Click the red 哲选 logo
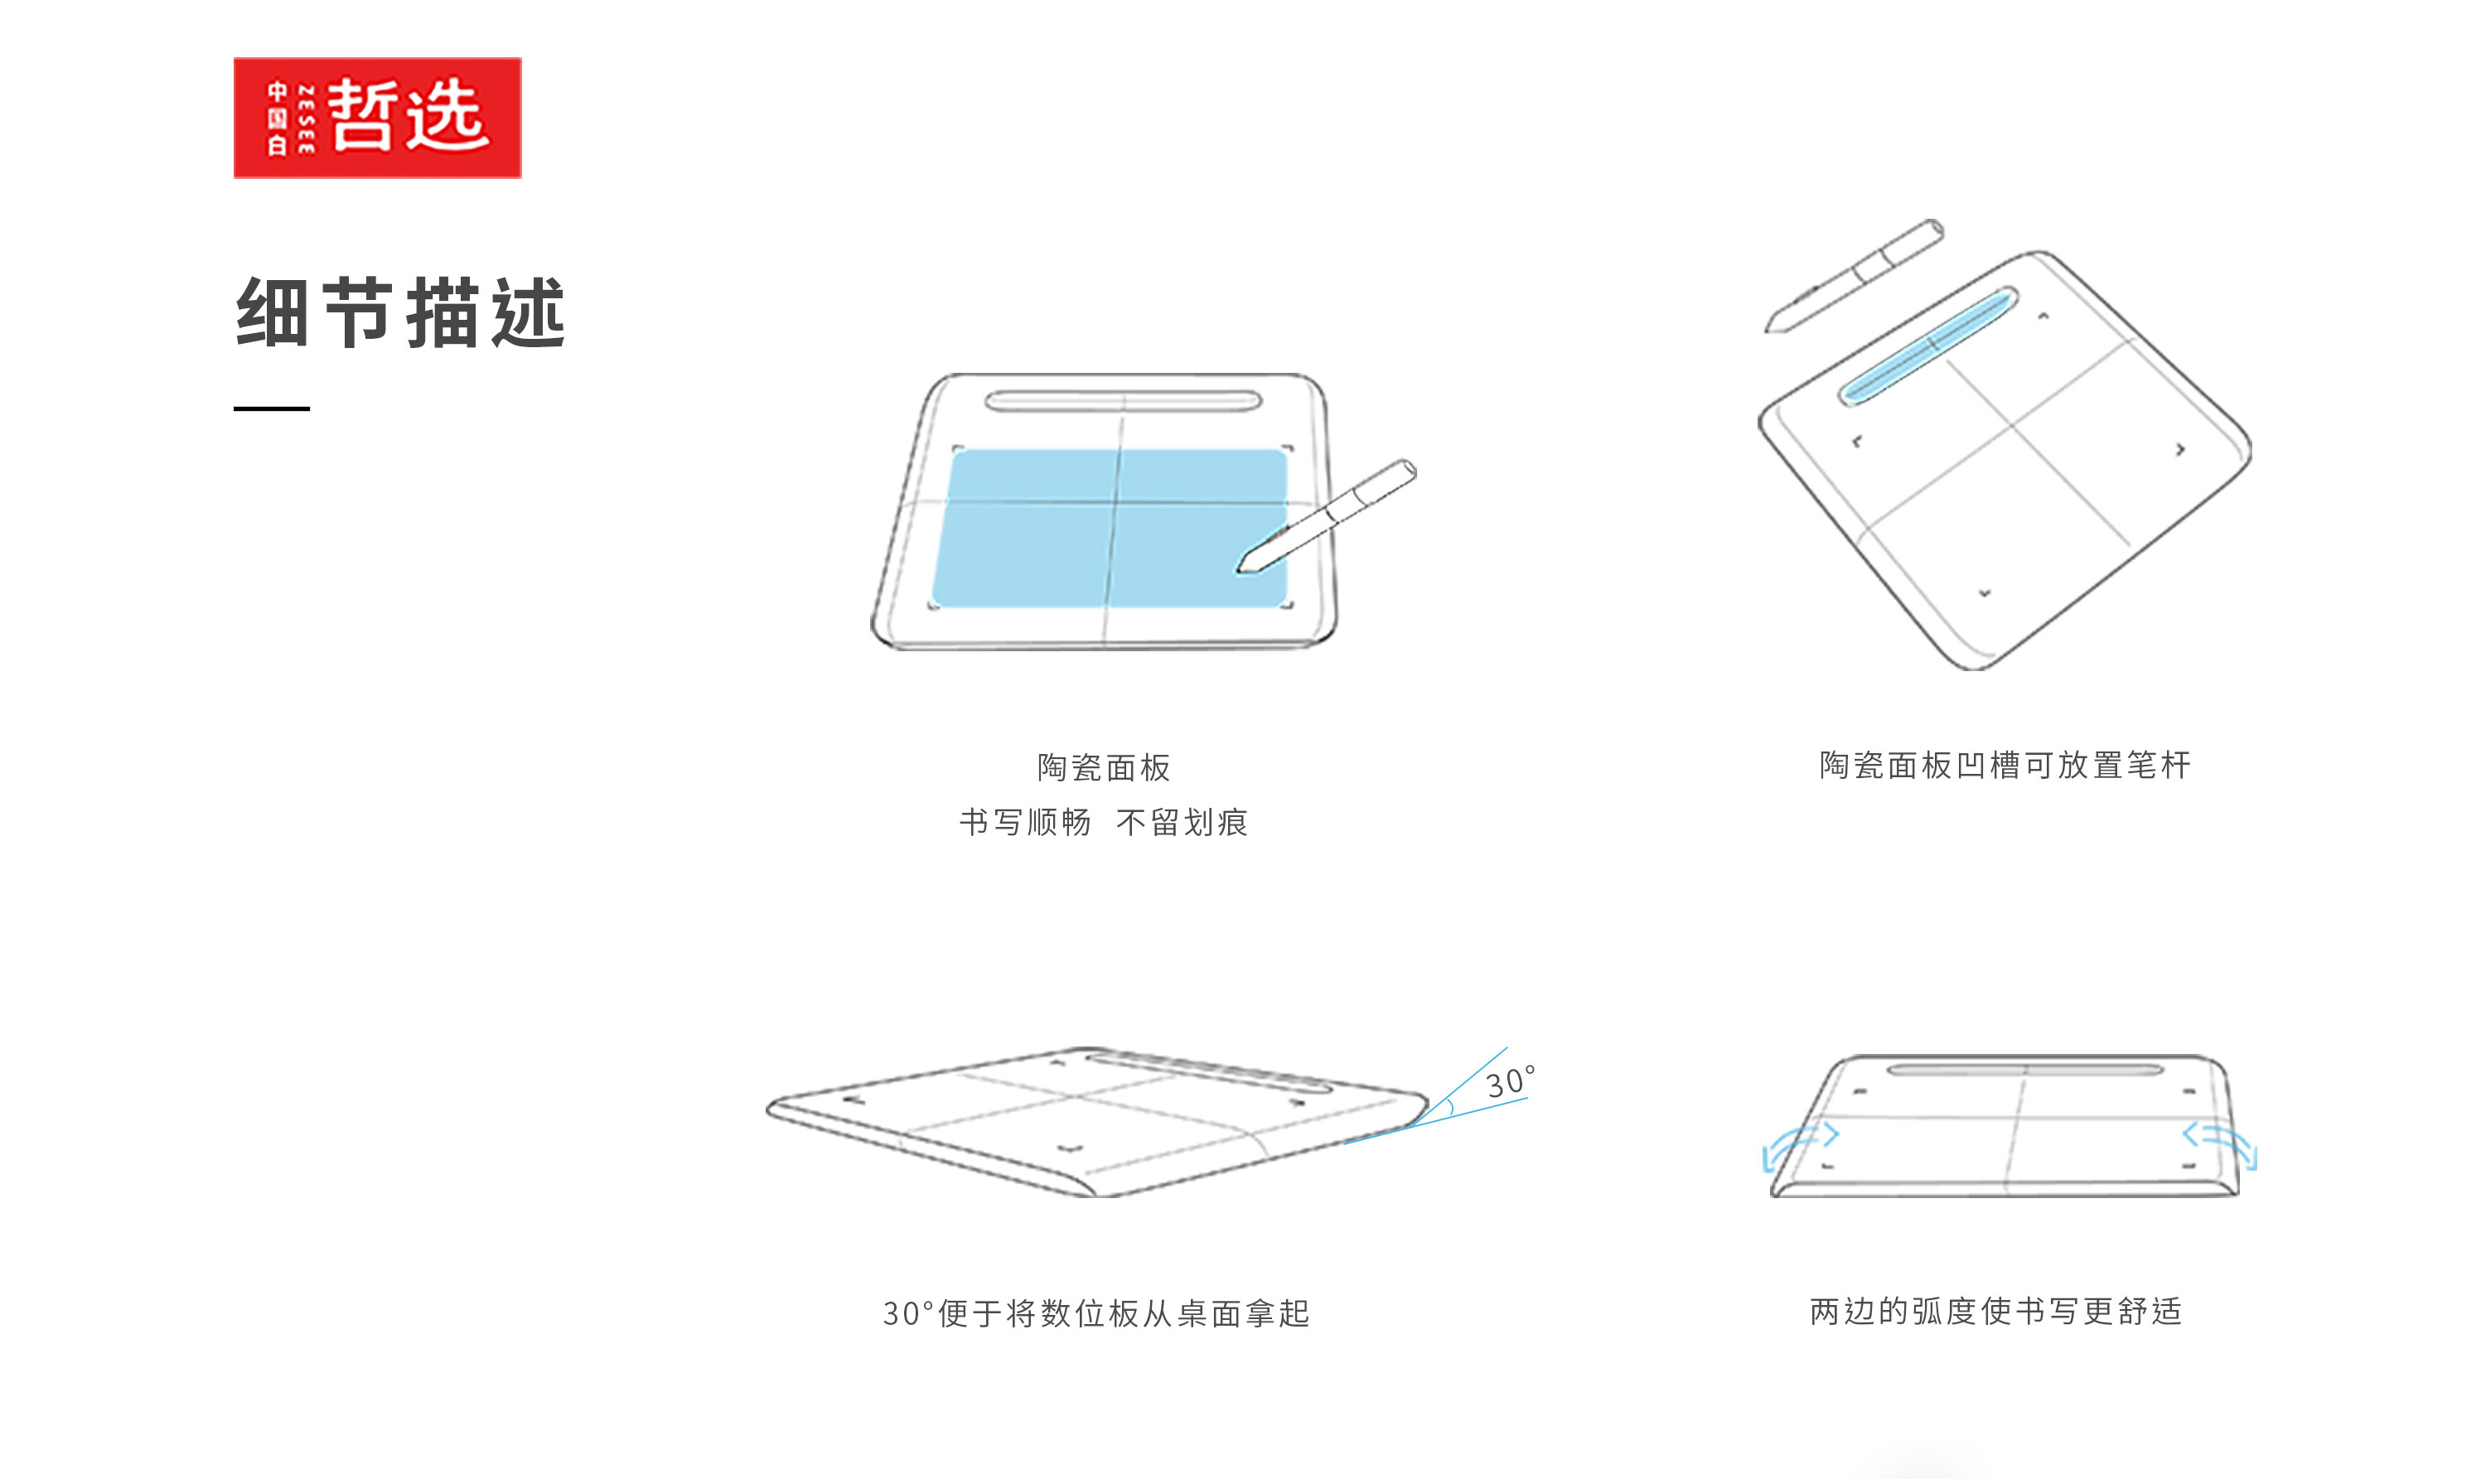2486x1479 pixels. [377, 118]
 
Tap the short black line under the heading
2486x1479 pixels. [271, 408]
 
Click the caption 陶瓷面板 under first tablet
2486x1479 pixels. [1104, 767]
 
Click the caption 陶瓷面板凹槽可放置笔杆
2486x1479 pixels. [2005, 766]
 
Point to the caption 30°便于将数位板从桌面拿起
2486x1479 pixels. [1095, 1313]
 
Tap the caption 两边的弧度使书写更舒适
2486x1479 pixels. [1995, 1311]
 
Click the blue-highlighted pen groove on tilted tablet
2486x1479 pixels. [1927, 345]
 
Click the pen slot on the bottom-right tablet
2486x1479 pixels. [2024, 1071]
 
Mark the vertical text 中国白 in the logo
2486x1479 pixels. [277, 118]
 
